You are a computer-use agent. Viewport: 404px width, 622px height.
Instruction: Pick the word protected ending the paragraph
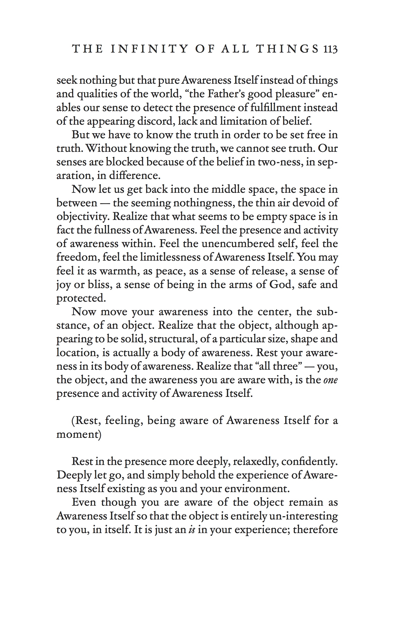pyautogui.click(x=81, y=298)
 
